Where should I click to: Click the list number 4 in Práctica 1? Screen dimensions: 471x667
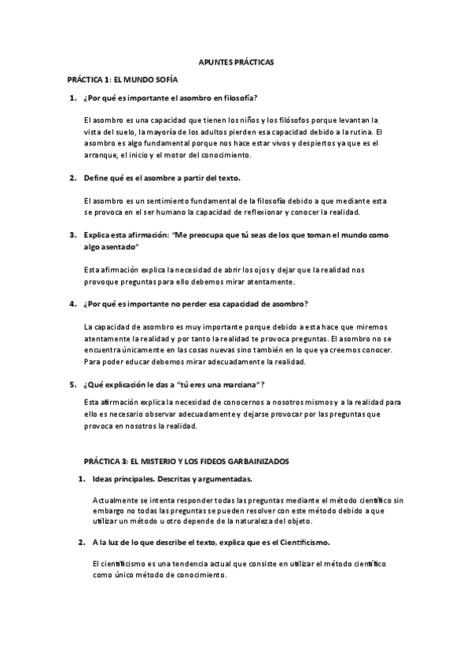point(72,304)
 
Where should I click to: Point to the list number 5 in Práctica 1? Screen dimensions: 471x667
point(72,384)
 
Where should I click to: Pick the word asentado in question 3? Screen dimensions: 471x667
point(119,246)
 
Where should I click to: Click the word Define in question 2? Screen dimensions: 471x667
point(97,178)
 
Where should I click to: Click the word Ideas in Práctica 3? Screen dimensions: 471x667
point(104,478)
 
